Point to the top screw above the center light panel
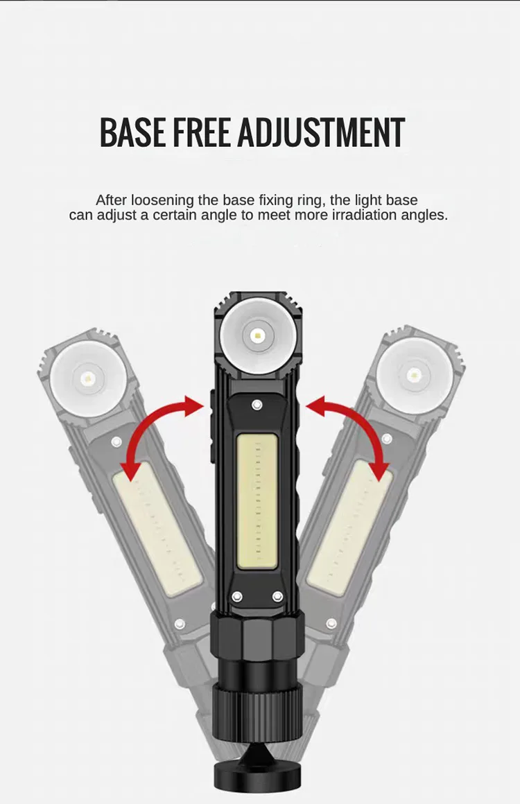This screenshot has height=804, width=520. [x=257, y=404]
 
